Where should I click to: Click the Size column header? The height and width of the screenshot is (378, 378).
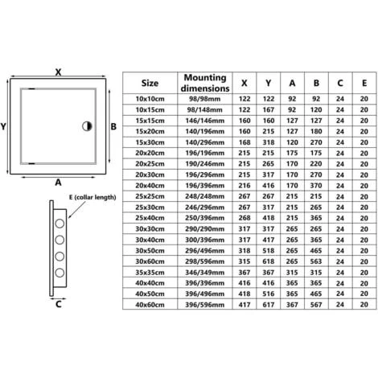tap(150, 82)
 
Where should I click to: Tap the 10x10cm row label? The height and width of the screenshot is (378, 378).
tap(150, 99)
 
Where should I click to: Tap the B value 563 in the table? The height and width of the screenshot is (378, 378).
tap(315, 261)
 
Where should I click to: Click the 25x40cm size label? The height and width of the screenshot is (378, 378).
tap(150, 218)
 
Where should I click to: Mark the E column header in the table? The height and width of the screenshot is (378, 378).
tap(364, 82)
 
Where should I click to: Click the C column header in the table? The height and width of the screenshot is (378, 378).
tap(340, 82)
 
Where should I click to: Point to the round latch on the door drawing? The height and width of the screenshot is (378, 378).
tap(87, 126)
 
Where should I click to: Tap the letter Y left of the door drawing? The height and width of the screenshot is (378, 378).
tap(5, 126)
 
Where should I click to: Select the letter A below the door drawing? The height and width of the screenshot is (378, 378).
tap(58, 182)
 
